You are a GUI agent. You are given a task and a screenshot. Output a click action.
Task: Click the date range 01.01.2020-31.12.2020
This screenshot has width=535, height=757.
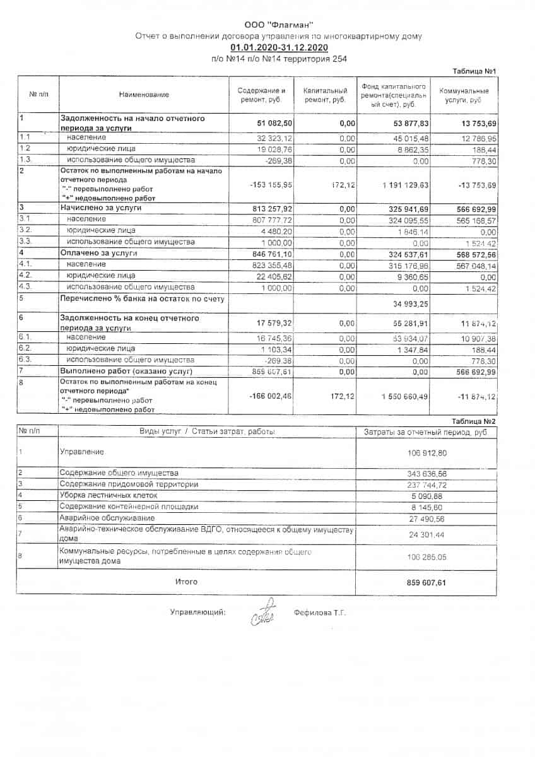[x=279, y=47]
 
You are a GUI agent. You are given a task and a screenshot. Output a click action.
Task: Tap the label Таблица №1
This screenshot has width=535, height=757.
[x=475, y=70]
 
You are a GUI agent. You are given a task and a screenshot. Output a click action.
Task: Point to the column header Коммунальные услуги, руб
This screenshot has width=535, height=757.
[x=464, y=95]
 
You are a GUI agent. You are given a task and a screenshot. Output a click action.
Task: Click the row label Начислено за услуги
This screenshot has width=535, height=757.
[x=101, y=207]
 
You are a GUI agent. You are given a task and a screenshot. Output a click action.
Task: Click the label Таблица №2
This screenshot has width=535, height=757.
[x=474, y=421]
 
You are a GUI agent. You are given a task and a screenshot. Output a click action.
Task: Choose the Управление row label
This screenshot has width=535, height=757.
[x=82, y=452]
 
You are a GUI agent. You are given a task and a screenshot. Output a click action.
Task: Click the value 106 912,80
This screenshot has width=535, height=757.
[x=426, y=452]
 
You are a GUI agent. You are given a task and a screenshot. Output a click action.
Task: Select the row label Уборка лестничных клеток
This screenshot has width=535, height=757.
[x=104, y=495]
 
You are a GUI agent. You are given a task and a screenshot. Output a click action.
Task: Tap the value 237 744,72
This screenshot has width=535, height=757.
[x=426, y=484]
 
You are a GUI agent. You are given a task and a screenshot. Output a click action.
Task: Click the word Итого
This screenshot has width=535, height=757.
[x=186, y=582]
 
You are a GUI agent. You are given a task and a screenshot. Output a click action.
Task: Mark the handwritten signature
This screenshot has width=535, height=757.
[x=262, y=613]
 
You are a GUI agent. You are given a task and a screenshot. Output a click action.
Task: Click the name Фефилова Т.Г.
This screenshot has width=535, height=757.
[x=320, y=613]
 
